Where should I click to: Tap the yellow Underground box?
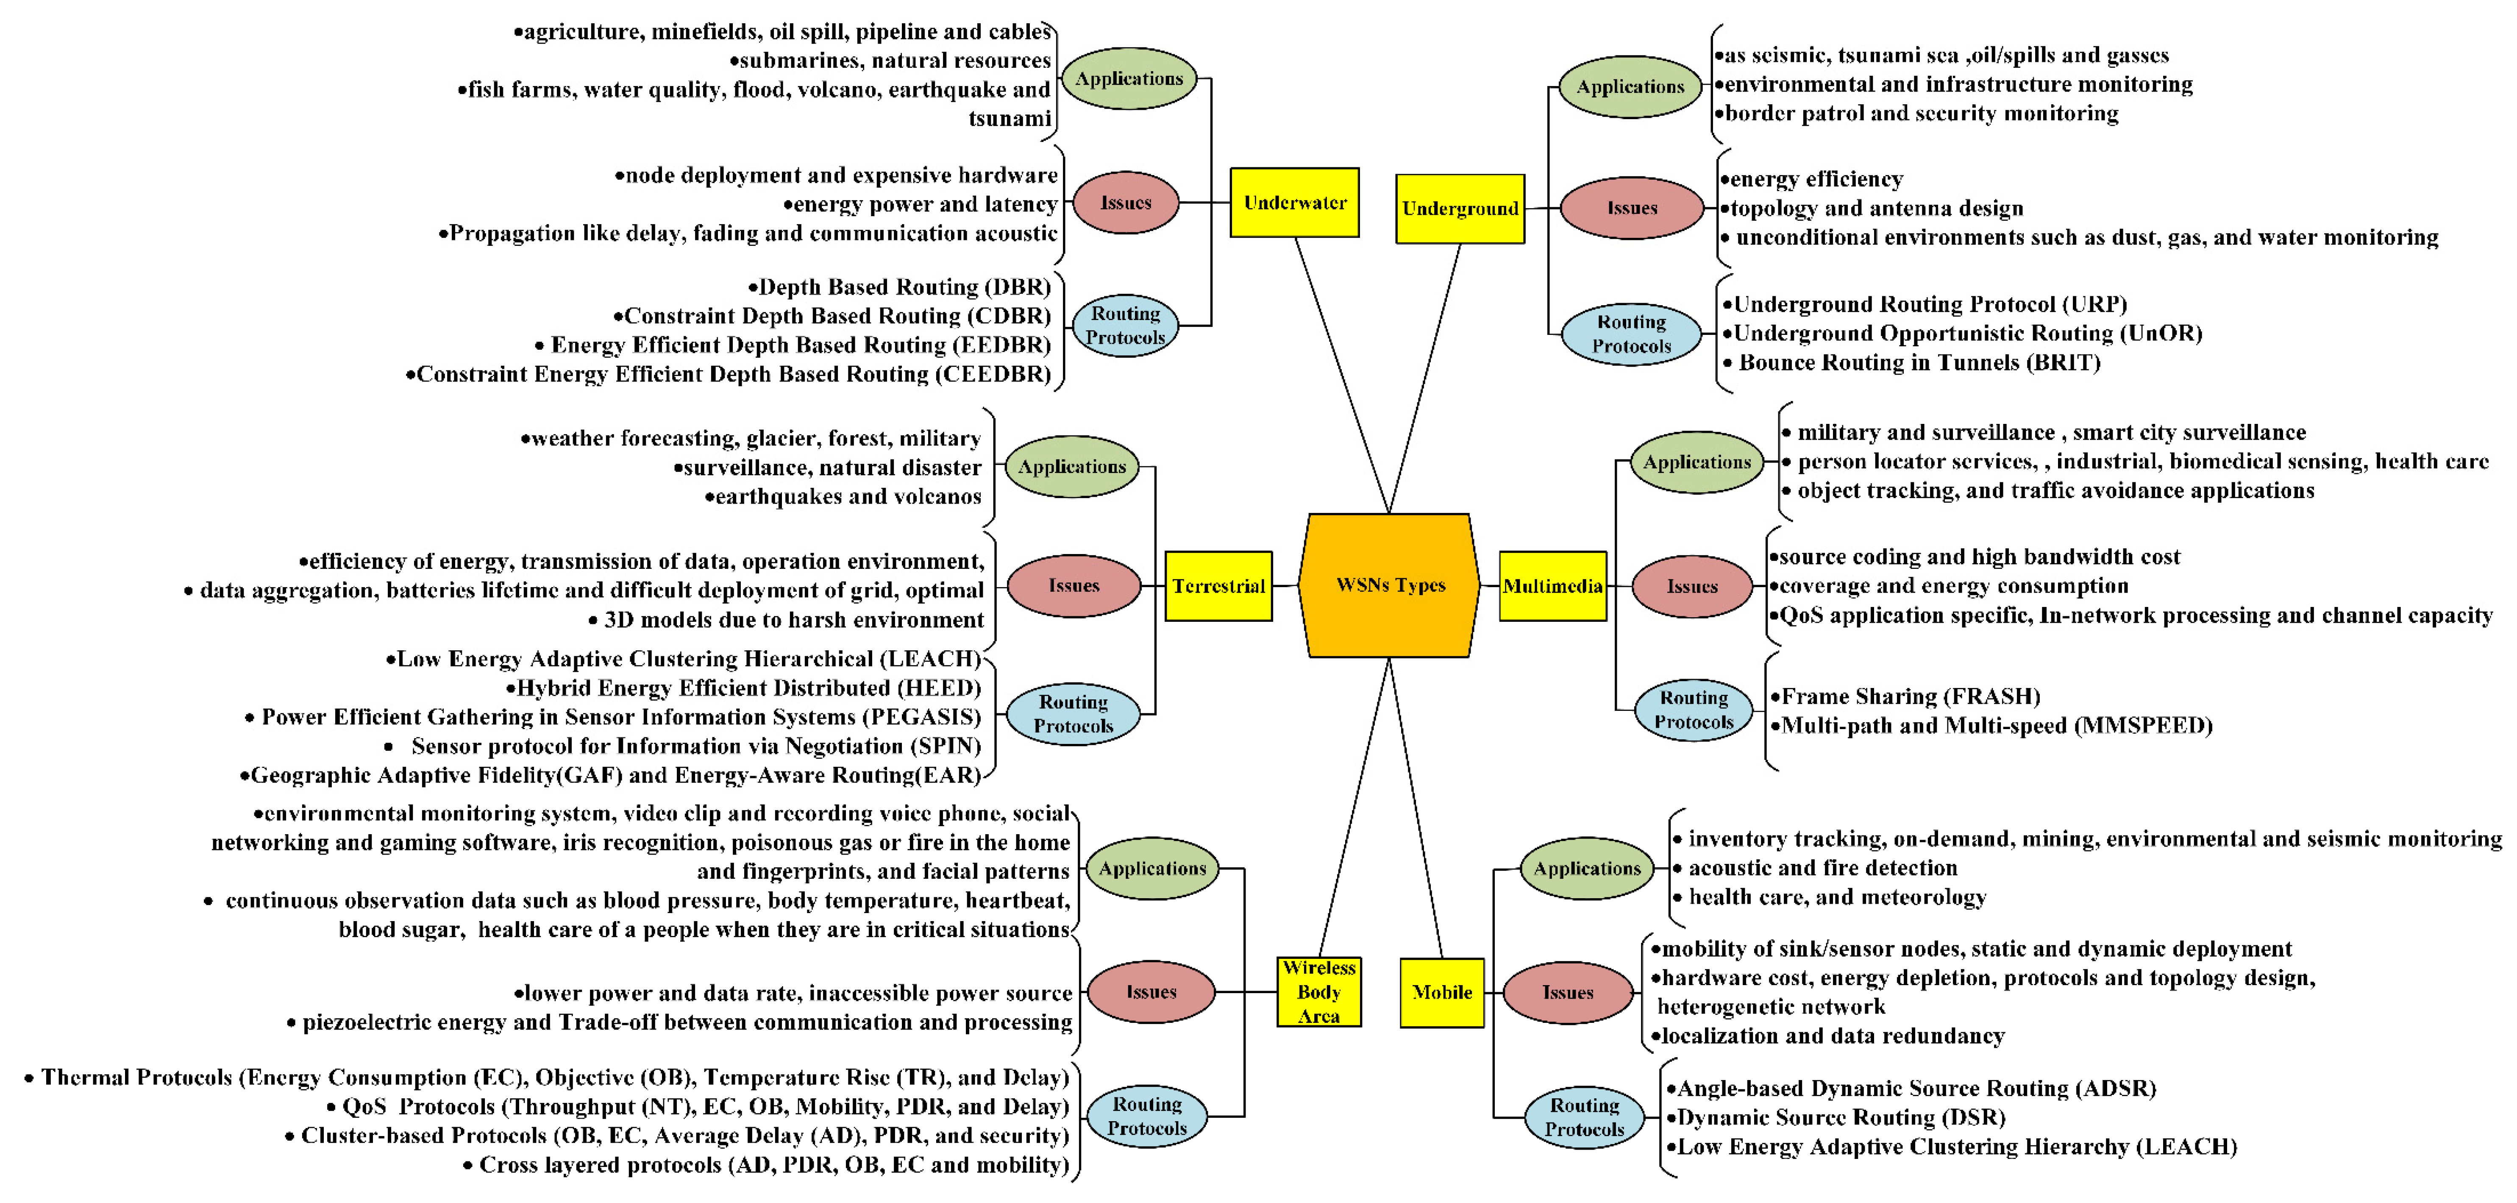point(1460,208)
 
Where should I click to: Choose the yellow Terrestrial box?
point(1218,585)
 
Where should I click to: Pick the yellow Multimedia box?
point(1552,585)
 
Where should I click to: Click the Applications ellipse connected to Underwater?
point(1129,78)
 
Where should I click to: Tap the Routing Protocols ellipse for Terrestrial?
point(1073,713)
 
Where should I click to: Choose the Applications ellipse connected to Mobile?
point(1587,868)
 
